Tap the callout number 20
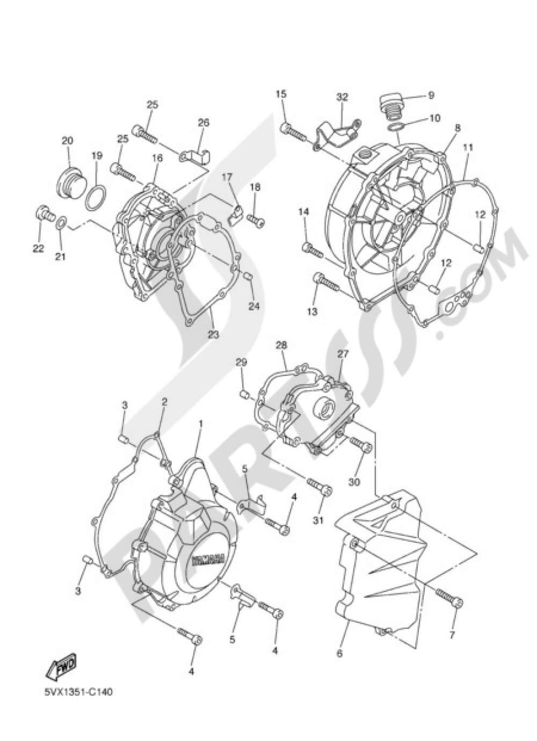click(67, 141)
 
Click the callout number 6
click(339, 653)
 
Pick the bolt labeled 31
click(321, 486)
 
